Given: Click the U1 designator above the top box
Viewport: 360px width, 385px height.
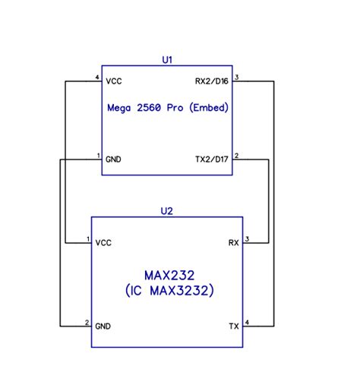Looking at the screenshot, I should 167,58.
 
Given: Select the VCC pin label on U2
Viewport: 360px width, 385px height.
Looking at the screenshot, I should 103,243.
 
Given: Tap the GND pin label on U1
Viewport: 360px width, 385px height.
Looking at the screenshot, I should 114,159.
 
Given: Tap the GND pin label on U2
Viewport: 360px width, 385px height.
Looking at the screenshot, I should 103,326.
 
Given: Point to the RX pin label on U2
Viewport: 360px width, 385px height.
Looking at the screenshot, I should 234,243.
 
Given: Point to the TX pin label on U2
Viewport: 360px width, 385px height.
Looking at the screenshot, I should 234,326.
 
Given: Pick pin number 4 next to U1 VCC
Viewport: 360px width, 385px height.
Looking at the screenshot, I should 97,77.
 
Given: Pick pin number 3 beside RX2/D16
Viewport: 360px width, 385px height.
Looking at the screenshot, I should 237,77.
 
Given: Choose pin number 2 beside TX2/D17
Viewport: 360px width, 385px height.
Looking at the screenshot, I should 237,156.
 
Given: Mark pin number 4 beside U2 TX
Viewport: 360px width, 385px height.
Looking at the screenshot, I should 247,322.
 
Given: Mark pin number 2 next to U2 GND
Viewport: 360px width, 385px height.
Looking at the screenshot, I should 87,322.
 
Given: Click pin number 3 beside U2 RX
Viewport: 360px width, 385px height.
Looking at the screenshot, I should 247,239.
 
